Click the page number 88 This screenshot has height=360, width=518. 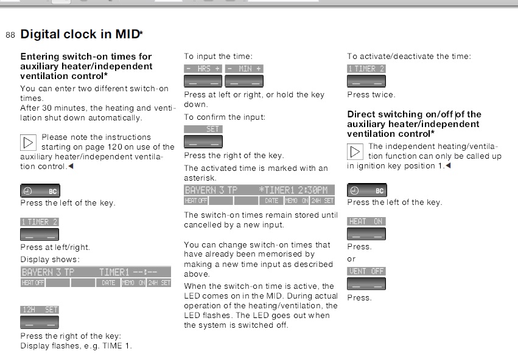pos(10,35)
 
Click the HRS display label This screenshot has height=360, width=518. pos(203,69)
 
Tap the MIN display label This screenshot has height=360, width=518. pos(244,69)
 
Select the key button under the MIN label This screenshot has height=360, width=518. pos(244,81)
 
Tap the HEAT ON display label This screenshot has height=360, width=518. pos(366,221)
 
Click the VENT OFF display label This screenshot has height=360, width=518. pos(366,271)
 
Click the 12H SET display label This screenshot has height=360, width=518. pos(40,310)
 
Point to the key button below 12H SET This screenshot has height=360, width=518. pos(40,322)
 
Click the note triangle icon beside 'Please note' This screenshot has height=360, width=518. pos(28,142)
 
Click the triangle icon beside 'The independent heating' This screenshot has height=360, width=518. pos(355,152)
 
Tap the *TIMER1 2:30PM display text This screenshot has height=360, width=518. pos(293,190)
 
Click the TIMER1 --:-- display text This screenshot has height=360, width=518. pos(128,272)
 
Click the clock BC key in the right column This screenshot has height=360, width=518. pos(366,190)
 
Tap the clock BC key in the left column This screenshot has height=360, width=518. pos(40,191)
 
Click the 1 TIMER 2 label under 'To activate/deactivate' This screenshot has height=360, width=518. pos(366,69)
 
